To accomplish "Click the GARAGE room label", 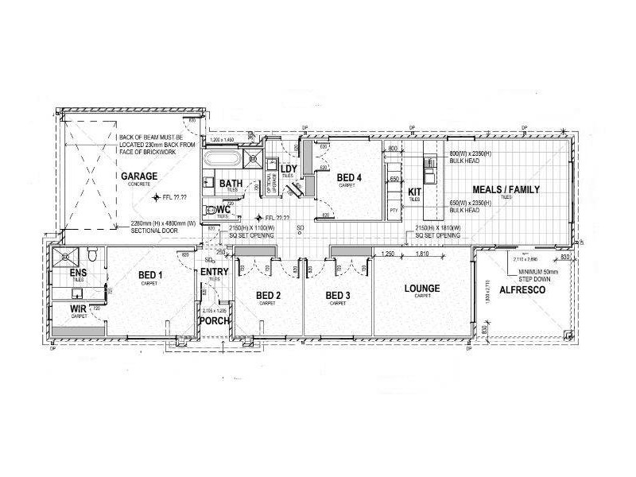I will point(139,176).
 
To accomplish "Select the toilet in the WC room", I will point(211,211).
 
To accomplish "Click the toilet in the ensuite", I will point(93,255).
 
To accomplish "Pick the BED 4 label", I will point(349,177).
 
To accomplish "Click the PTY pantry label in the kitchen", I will point(394,210).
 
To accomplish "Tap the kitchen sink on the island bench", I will point(430,168).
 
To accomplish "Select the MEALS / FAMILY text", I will point(506,189).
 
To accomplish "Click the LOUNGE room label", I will point(421,289).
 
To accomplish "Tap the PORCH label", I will point(215,322).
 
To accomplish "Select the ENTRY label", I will point(215,273).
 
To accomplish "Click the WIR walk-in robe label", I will point(78,308).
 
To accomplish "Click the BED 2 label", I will point(268,297).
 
